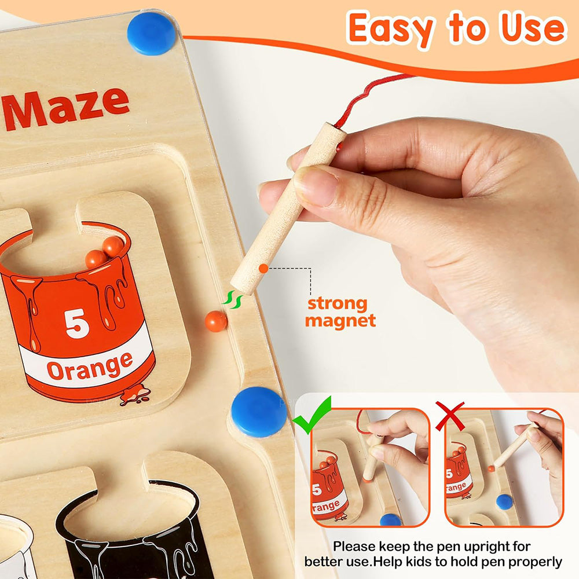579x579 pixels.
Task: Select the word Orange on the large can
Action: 90,367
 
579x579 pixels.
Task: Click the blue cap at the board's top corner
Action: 151,34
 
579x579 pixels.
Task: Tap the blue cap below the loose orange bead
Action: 259,412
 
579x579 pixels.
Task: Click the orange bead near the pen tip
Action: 215,321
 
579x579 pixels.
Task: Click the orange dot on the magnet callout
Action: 263,268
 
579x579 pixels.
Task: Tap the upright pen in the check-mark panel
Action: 372,457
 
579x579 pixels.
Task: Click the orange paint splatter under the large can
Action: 135,395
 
